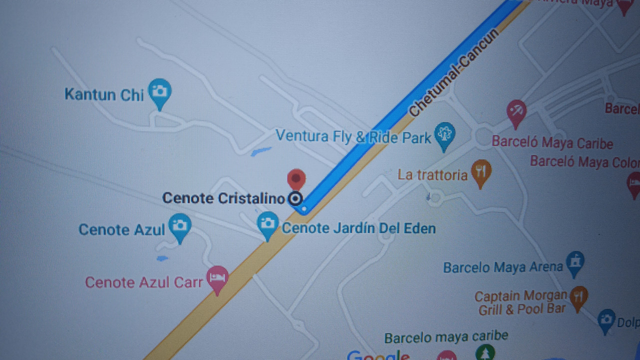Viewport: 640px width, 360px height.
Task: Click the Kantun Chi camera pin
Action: [159, 91]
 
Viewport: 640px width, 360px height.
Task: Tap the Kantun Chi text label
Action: [104, 94]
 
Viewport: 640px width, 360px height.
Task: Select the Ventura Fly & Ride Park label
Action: [353, 136]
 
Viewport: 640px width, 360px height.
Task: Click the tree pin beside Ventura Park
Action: [444, 134]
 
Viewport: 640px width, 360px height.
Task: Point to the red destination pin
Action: [296, 178]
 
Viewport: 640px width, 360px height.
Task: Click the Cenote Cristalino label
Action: [223, 198]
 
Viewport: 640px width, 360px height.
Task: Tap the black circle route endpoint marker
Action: [295, 199]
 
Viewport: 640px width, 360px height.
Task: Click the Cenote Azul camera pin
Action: [179, 225]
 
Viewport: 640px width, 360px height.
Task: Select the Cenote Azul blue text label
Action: [121, 229]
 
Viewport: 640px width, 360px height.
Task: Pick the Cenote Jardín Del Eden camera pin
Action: [268, 223]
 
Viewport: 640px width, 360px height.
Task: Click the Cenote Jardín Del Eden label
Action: [358, 228]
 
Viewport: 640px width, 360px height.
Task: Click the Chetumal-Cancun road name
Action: [454, 73]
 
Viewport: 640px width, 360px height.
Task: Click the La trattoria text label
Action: [432, 175]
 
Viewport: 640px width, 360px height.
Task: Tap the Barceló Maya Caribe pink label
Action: [552, 142]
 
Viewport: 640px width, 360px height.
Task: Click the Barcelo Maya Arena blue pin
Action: [575, 261]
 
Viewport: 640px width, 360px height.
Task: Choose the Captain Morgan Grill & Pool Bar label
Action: [521, 302]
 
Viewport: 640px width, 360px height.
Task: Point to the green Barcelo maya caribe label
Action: [446, 337]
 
